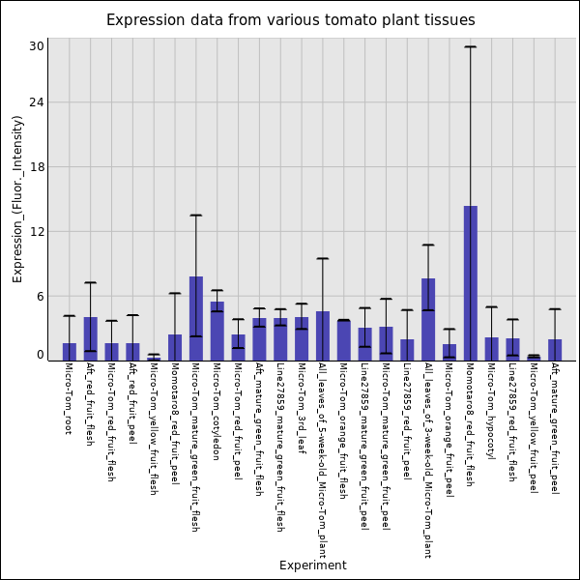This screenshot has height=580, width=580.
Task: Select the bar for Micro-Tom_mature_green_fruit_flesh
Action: (195, 319)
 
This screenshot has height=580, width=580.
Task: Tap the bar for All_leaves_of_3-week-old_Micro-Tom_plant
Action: (428, 320)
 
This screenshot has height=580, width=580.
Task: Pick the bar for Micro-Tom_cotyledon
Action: (217, 332)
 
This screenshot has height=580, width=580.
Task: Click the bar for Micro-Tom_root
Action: (70, 352)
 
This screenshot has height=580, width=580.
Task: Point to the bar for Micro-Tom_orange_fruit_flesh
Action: (343, 340)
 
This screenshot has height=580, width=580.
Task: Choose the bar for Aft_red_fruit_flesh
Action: (90, 339)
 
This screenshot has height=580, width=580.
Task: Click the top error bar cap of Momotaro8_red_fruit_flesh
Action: (470, 46)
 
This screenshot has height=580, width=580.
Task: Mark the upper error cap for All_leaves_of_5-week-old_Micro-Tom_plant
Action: (322, 258)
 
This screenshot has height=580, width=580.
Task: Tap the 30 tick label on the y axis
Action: (37, 46)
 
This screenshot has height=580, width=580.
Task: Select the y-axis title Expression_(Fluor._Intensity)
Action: (17, 198)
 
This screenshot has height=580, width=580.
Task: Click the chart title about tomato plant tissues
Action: (290, 20)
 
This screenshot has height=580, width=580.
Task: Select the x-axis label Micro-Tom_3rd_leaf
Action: (302, 396)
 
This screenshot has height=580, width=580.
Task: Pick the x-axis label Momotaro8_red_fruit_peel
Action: (174, 410)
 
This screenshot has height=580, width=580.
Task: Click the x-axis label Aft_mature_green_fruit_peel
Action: (554, 416)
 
